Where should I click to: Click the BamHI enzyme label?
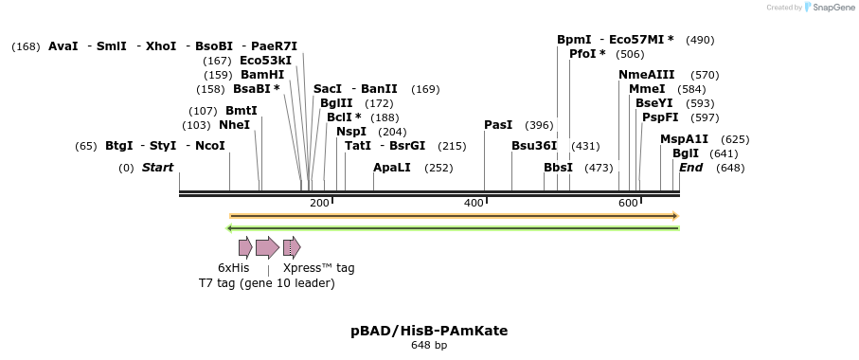(x=262, y=75)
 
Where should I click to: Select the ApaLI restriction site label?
(x=392, y=168)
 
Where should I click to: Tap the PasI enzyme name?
(x=498, y=125)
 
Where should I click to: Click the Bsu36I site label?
(x=534, y=146)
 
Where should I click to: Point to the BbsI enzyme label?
(x=558, y=168)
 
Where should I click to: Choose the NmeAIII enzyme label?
(x=647, y=75)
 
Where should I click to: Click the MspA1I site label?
(x=684, y=139)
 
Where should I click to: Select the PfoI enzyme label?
(x=587, y=54)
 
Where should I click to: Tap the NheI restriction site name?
(x=235, y=125)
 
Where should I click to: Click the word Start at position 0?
(x=158, y=168)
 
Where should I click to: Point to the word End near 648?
(x=691, y=168)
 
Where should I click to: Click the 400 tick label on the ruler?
(x=474, y=204)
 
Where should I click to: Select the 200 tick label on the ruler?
(x=319, y=204)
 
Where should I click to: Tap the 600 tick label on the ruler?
(x=628, y=204)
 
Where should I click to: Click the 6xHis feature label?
(x=234, y=268)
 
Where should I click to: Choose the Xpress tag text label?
(x=319, y=268)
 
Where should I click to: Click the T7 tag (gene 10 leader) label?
(x=266, y=283)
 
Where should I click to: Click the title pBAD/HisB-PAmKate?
(x=429, y=331)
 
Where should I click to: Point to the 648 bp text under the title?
(x=429, y=346)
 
